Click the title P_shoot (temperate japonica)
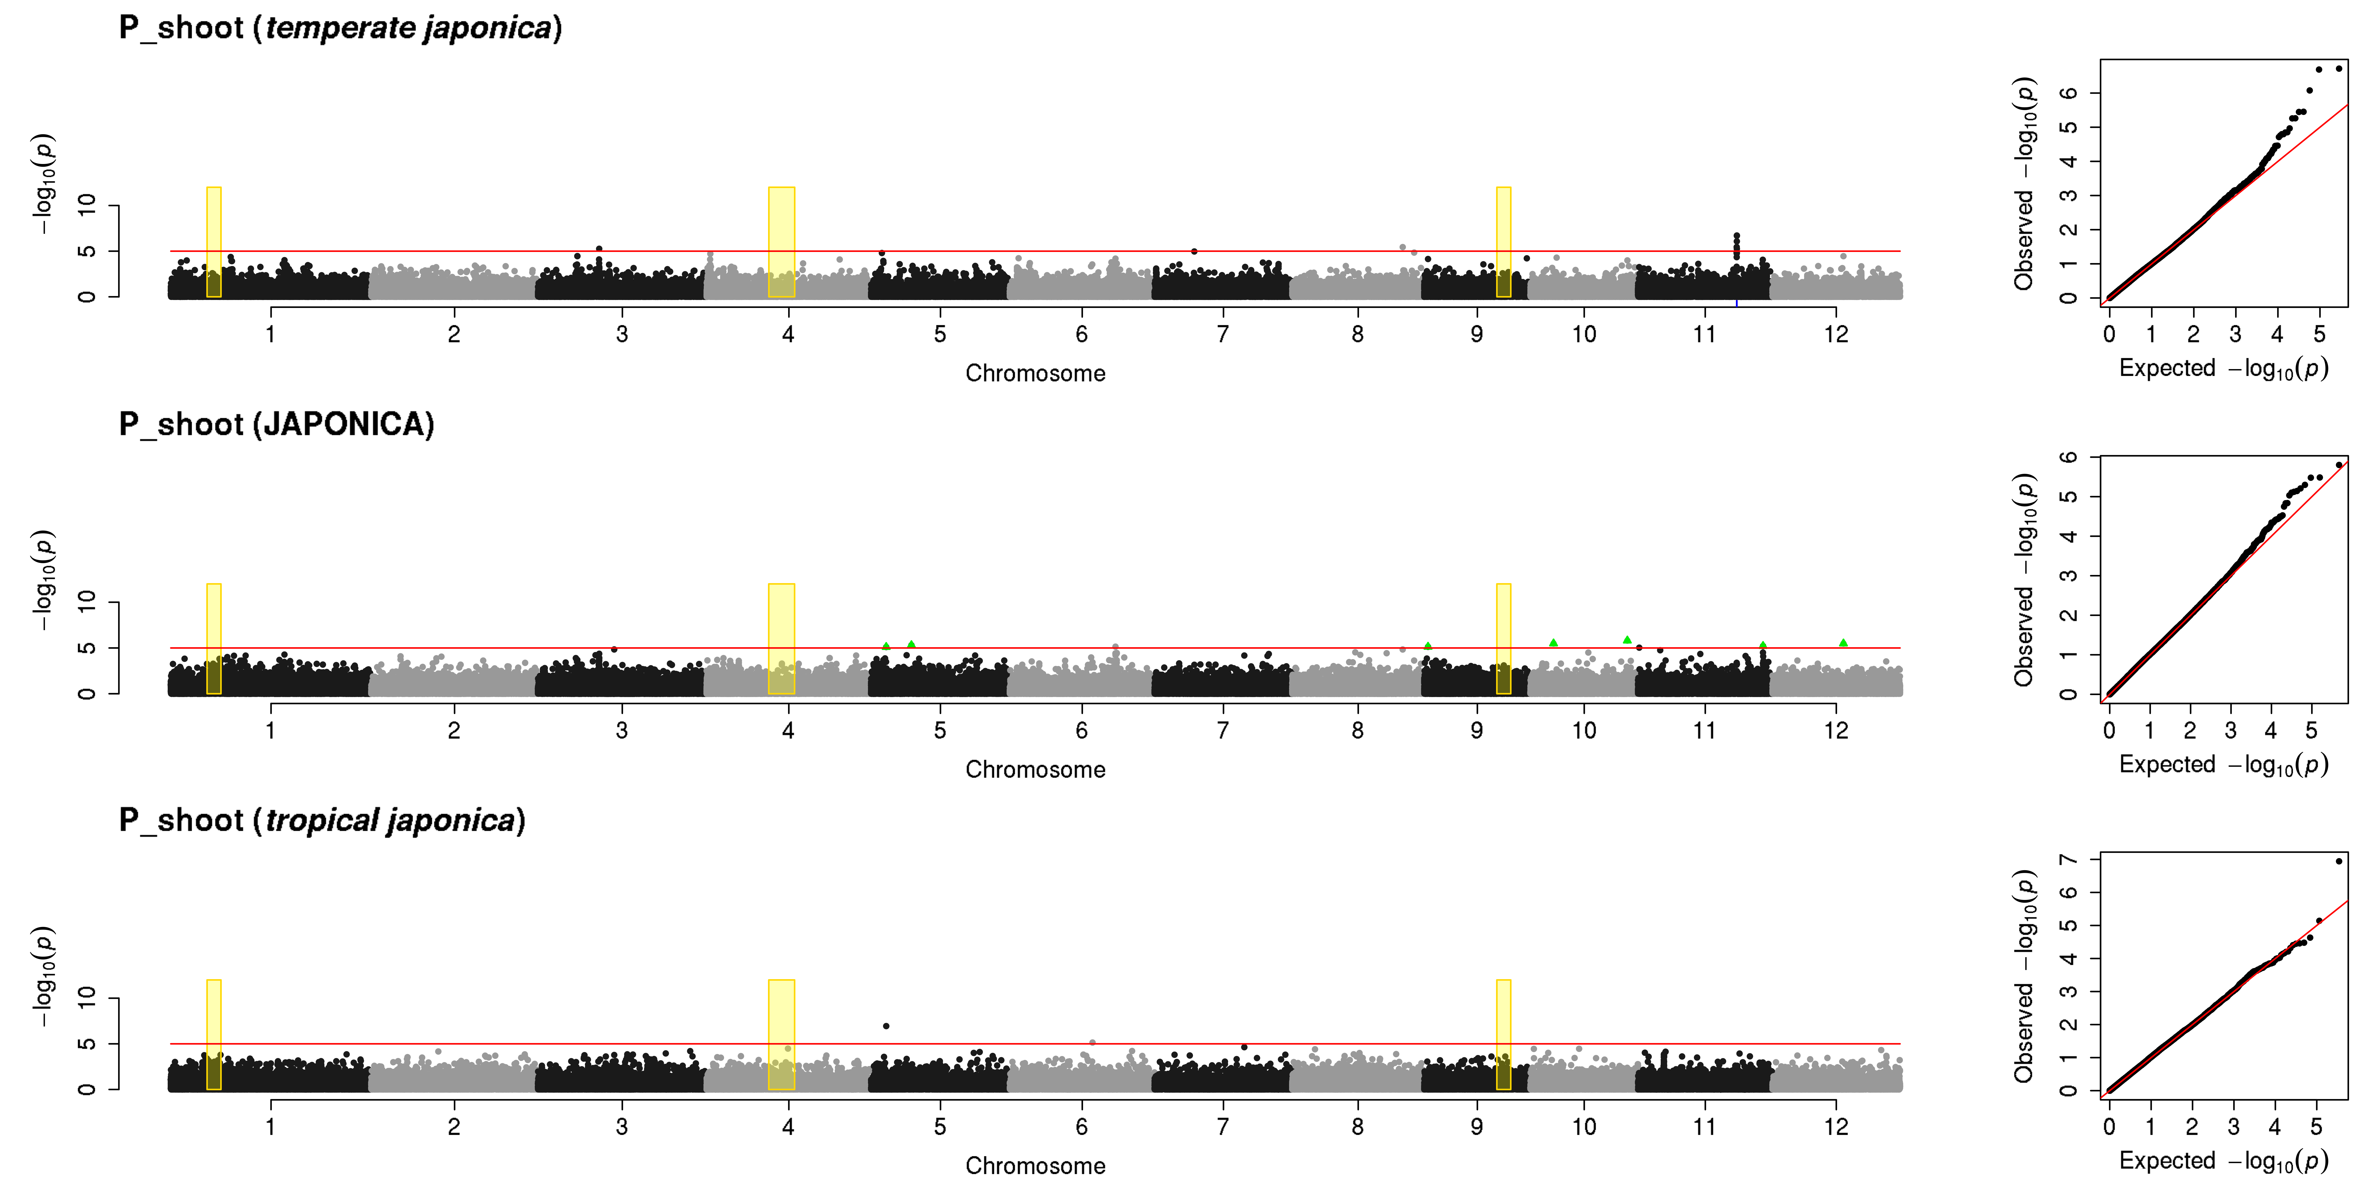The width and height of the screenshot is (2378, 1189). (341, 28)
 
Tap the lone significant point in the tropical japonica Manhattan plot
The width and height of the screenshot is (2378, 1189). (886, 1026)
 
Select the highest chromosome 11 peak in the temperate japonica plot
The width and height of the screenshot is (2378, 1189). (1736, 235)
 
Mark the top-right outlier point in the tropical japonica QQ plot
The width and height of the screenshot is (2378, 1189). (2338, 861)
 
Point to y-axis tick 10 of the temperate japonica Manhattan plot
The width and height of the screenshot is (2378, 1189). (87, 205)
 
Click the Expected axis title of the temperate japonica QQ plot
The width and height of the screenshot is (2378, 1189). (2223, 368)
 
